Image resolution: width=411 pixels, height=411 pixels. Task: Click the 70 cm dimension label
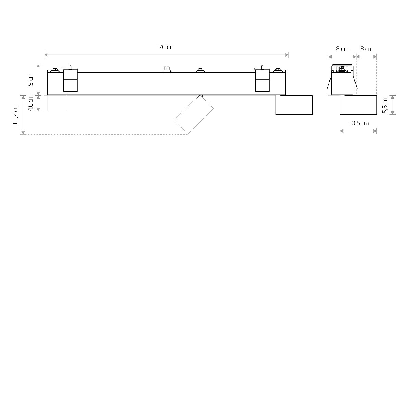tap(166, 47)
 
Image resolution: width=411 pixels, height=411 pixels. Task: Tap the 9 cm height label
tap(31, 80)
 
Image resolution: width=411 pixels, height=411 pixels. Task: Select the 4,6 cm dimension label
tap(31, 103)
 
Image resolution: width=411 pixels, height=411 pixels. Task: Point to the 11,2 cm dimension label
tap(15, 115)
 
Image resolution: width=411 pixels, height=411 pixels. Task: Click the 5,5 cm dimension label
tap(385, 105)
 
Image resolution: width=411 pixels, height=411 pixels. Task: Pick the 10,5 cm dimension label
tap(358, 123)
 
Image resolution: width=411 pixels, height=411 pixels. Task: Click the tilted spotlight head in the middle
tap(194, 115)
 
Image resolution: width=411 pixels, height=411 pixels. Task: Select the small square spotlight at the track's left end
tap(57, 103)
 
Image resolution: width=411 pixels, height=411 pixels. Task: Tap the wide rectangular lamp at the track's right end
tap(294, 105)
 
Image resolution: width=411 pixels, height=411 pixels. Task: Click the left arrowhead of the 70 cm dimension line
tap(46, 55)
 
